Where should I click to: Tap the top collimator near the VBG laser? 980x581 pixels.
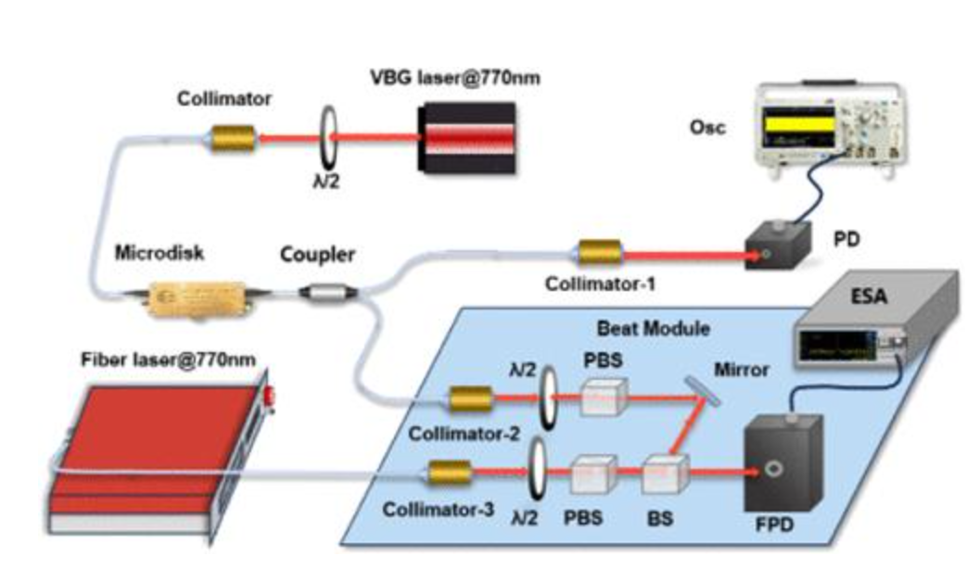232,138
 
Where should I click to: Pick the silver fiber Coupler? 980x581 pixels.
327,292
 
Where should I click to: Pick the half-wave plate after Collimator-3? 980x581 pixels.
536,471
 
